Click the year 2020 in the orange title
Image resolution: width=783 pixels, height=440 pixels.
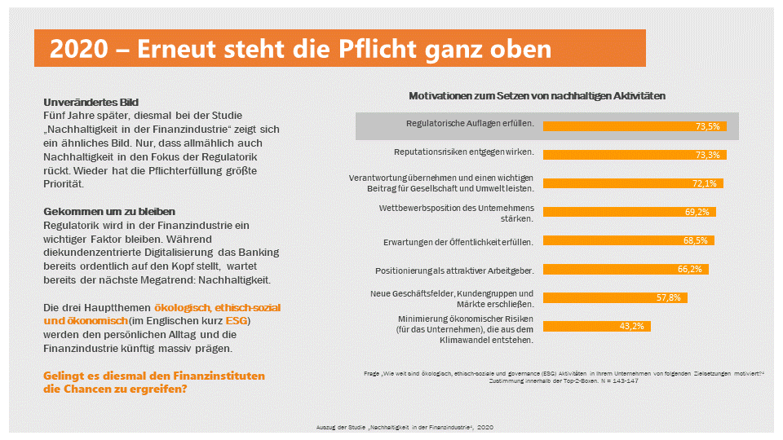(77, 49)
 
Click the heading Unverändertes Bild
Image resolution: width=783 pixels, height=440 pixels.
(91, 103)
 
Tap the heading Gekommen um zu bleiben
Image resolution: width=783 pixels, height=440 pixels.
(108, 212)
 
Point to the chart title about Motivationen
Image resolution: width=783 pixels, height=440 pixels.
(537, 95)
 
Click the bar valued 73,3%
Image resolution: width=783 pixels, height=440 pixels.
(634, 155)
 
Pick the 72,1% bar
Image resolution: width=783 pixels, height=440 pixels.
(632, 183)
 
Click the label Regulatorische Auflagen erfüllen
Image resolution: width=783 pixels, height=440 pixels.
(470, 125)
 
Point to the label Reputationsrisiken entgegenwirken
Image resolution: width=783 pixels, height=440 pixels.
(463, 152)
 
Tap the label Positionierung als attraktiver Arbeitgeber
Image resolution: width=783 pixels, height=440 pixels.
(454, 270)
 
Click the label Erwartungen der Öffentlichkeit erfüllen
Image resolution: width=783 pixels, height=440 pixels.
(458, 242)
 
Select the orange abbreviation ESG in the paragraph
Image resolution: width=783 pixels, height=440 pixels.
(237, 321)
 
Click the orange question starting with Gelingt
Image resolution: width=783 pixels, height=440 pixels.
(153, 382)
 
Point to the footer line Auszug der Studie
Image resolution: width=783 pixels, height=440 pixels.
(404, 427)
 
